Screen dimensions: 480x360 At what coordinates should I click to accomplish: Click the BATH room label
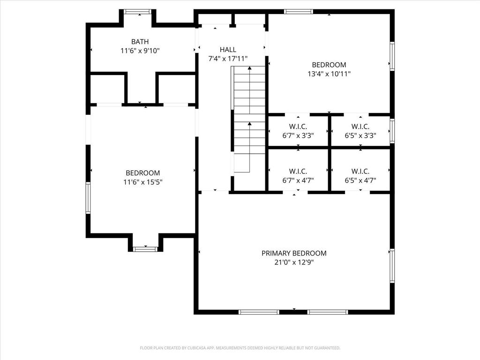[140, 42]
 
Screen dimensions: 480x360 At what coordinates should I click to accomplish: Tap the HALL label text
[228, 50]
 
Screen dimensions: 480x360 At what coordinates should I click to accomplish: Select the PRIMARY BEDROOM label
[294, 253]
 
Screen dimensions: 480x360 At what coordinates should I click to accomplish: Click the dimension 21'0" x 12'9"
[294, 262]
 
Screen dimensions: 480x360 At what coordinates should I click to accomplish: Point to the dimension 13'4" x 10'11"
[329, 74]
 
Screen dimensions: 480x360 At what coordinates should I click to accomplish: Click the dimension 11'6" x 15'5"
[142, 182]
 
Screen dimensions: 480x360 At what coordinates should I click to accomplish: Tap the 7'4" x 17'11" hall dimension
[228, 59]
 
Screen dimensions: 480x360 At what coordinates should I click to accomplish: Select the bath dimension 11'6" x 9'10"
[140, 51]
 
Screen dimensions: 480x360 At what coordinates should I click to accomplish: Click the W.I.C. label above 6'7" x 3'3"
[298, 127]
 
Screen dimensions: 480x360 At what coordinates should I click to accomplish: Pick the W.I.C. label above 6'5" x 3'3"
[360, 127]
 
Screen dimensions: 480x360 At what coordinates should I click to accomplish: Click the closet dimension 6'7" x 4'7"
[298, 180]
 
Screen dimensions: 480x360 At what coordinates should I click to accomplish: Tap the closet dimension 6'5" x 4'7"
[360, 180]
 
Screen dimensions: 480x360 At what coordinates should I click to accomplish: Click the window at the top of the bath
[138, 12]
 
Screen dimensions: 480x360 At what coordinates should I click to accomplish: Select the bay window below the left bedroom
[145, 249]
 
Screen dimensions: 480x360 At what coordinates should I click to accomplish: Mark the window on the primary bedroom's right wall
[392, 266]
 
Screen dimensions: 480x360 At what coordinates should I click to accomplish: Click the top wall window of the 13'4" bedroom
[299, 12]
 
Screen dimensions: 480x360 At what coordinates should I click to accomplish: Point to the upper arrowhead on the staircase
[249, 68]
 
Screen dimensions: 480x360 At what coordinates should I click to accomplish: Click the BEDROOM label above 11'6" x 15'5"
[142, 173]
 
